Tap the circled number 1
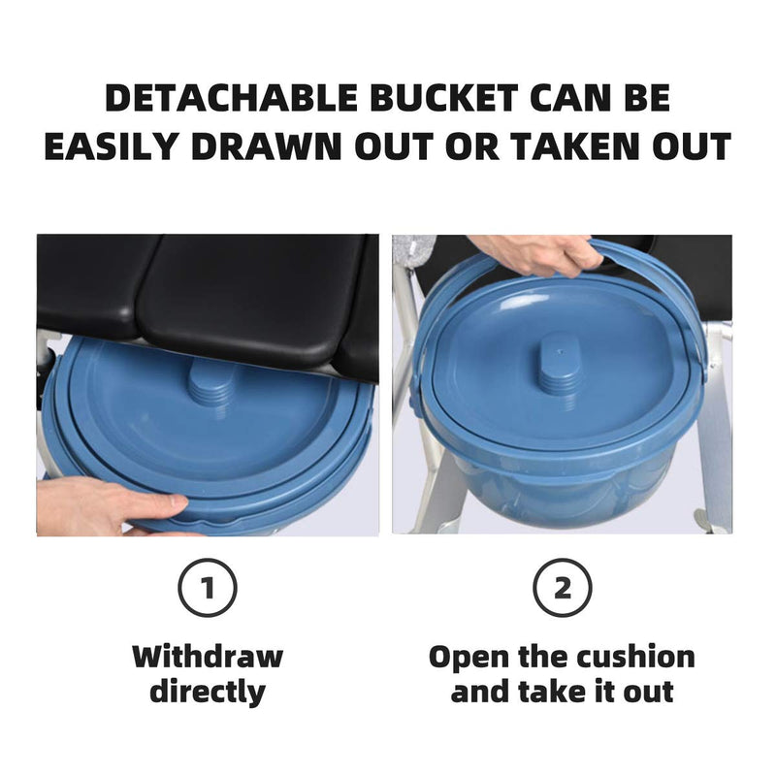(x=207, y=588)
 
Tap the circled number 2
(x=562, y=588)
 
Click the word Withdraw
(x=207, y=657)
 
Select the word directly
(x=207, y=693)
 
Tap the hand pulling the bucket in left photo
(x=107, y=506)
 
